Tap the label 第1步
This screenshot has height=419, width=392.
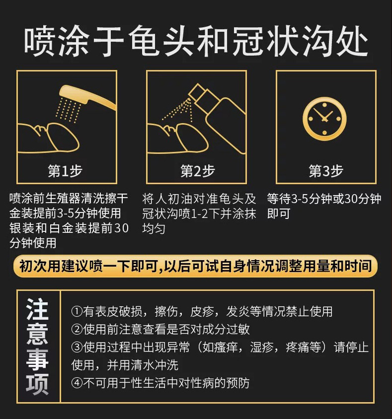point(65,171)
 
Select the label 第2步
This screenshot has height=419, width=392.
point(197,171)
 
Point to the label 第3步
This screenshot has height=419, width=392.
point(326,171)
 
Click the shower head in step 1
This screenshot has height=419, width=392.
point(87,97)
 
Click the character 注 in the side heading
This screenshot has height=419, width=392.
point(37,309)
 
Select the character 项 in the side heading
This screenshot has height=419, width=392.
point(37,384)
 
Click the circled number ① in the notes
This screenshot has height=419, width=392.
point(77,311)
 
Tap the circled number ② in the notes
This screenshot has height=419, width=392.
point(77,329)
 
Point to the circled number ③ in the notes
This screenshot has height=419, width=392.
point(77,347)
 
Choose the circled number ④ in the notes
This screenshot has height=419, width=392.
point(77,383)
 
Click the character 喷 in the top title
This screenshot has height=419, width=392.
point(40,41)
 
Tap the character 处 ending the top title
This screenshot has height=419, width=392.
point(352,41)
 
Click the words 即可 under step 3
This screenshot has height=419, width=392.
point(279,213)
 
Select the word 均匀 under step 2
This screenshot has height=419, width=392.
point(154,228)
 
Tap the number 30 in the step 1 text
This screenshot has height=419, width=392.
point(122,228)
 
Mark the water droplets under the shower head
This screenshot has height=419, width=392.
point(69,110)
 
